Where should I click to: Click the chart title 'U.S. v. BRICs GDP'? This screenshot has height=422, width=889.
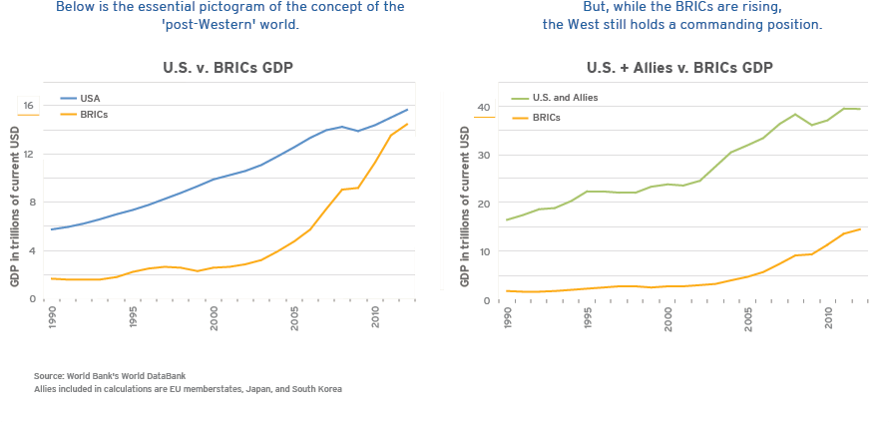(228, 68)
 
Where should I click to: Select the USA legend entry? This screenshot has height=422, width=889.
(90, 99)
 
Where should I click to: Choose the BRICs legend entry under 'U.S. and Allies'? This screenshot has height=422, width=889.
(547, 118)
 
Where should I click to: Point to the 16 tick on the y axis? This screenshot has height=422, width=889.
(29, 106)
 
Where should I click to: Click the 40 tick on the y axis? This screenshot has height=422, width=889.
(483, 108)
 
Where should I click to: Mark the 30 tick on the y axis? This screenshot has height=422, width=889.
(483, 156)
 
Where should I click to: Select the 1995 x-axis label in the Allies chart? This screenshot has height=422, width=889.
(589, 318)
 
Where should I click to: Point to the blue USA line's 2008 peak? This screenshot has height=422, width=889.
(342, 127)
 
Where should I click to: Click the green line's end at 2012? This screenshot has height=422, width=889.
(860, 109)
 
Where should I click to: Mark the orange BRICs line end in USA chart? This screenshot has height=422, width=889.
(407, 124)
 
